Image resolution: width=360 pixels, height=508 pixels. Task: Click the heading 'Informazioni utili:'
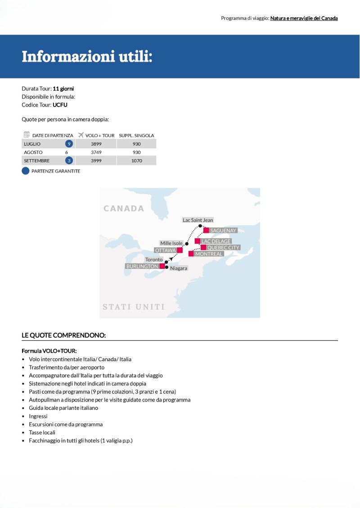(x=87, y=57)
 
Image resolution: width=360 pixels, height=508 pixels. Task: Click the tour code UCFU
(x=60, y=105)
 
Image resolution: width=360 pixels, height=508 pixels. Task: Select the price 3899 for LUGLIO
(x=95, y=144)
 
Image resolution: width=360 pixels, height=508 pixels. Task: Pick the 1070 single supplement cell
(x=137, y=160)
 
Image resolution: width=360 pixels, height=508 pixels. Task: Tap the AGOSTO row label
(x=33, y=152)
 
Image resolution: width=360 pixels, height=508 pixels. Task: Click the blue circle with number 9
(x=69, y=144)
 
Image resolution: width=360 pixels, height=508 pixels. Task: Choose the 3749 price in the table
(x=95, y=152)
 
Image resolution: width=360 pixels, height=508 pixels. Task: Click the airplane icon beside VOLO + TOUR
(x=81, y=135)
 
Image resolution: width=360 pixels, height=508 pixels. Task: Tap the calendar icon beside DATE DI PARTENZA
(x=27, y=135)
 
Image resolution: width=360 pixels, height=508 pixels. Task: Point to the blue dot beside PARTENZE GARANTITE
(x=26, y=171)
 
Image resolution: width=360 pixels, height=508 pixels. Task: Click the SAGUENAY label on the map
(x=223, y=231)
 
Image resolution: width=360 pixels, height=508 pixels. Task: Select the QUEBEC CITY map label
(x=223, y=248)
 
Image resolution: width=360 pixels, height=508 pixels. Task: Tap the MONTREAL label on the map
(x=209, y=254)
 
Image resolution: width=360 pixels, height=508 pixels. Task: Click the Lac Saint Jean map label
(x=198, y=220)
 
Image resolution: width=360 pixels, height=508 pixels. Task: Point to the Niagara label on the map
(x=178, y=268)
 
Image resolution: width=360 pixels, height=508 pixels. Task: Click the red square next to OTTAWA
(x=180, y=250)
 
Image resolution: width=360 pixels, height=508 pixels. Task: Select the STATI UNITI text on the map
(x=134, y=307)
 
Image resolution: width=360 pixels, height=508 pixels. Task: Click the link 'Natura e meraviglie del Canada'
(x=304, y=18)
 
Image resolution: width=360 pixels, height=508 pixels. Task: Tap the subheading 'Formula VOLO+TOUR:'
(x=49, y=351)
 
